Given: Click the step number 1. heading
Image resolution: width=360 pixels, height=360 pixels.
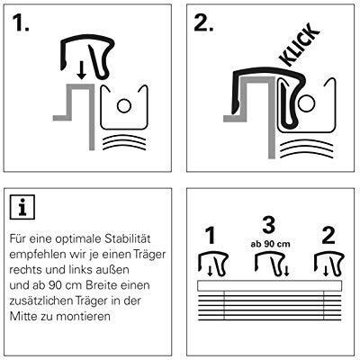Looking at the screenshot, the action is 21,22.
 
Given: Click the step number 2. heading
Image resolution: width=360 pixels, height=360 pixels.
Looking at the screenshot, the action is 203,22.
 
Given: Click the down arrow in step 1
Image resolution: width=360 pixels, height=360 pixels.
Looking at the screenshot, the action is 81,71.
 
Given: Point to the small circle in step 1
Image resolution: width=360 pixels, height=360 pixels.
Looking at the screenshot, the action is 124,105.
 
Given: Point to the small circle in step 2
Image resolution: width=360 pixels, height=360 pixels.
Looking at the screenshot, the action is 306,103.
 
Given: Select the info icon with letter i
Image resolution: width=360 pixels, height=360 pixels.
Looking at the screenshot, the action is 22,207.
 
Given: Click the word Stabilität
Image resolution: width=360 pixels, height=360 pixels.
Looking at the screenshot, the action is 128,238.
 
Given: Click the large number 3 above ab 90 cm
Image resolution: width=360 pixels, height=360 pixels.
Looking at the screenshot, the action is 268,225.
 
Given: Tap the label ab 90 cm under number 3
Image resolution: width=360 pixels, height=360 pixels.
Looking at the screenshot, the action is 270,244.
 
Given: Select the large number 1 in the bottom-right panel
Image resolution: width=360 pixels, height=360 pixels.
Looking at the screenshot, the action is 211,236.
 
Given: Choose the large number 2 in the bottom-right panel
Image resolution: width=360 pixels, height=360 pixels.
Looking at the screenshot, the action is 328,236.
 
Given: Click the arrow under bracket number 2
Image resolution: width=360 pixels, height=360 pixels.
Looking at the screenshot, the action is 326,272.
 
